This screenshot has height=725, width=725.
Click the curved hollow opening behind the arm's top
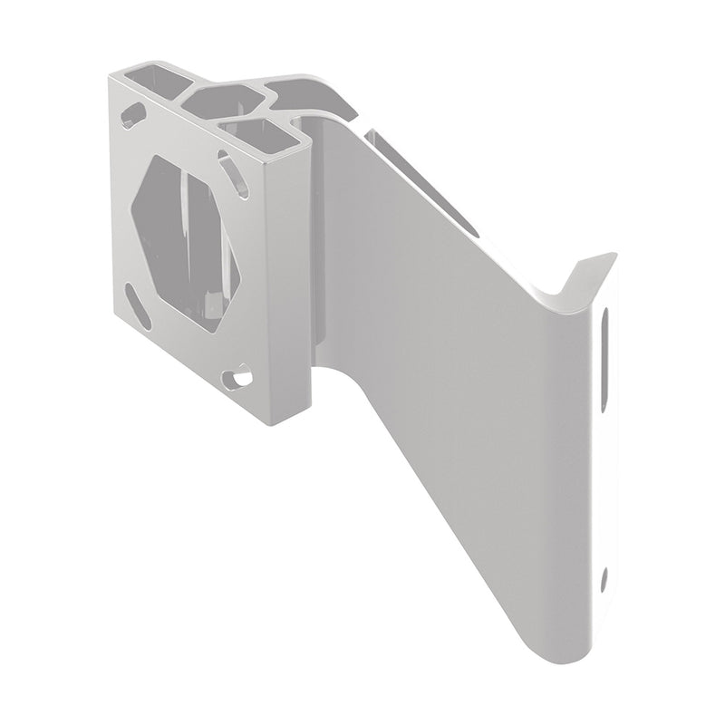(x=304, y=94)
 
